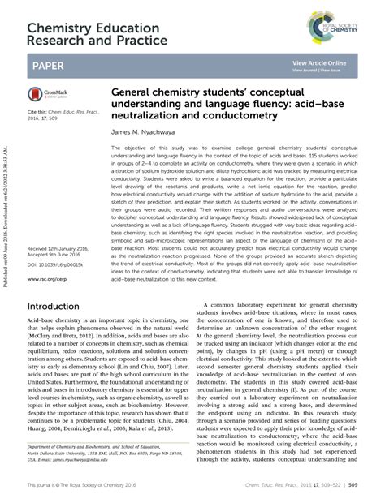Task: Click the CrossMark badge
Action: (51, 95)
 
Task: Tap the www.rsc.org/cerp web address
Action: (46, 254)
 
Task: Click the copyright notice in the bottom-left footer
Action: (90, 484)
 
